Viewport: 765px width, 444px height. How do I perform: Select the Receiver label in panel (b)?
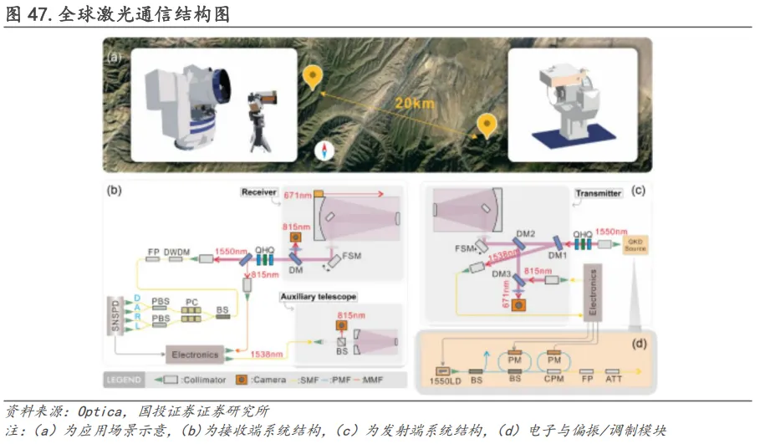(x=258, y=191)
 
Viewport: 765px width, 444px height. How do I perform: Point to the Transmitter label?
(x=598, y=193)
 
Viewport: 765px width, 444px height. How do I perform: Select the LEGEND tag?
(x=125, y=379)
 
